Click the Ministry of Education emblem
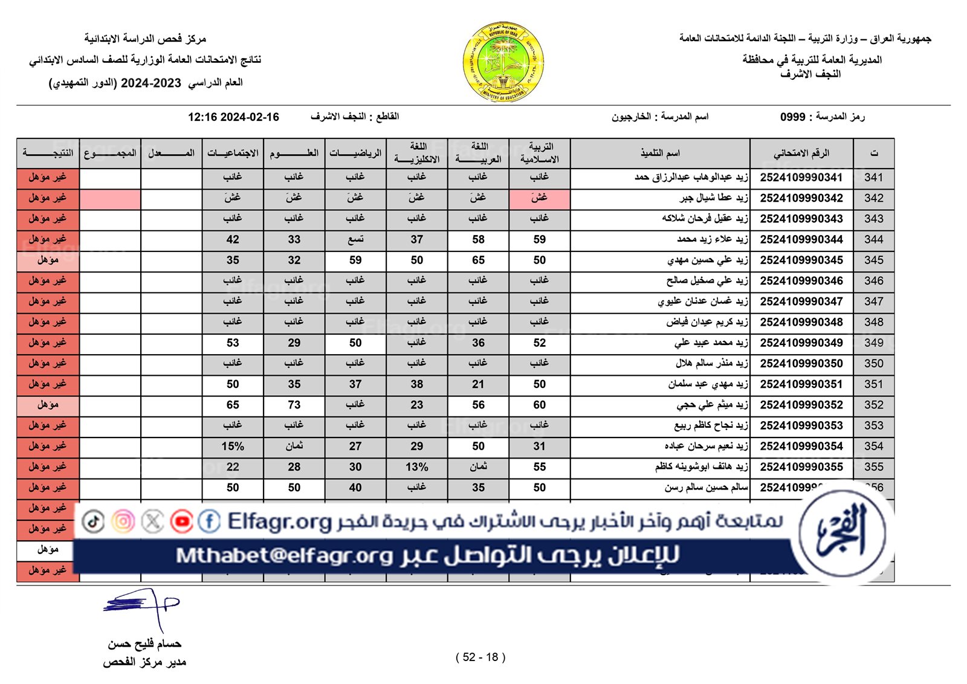503,62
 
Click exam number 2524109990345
801,260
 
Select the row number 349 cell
873,343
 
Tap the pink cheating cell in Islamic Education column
539,198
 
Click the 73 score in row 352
294,405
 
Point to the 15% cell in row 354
233,447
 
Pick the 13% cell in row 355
416,467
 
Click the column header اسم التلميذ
660,153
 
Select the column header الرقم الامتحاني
801,153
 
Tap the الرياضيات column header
355,153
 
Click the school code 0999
792,117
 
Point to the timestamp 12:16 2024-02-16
233,117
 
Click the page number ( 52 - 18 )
480,657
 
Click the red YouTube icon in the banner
181,521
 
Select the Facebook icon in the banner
209,521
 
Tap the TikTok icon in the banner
93,521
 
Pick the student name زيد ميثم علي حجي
712,405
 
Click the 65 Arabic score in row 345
478,260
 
